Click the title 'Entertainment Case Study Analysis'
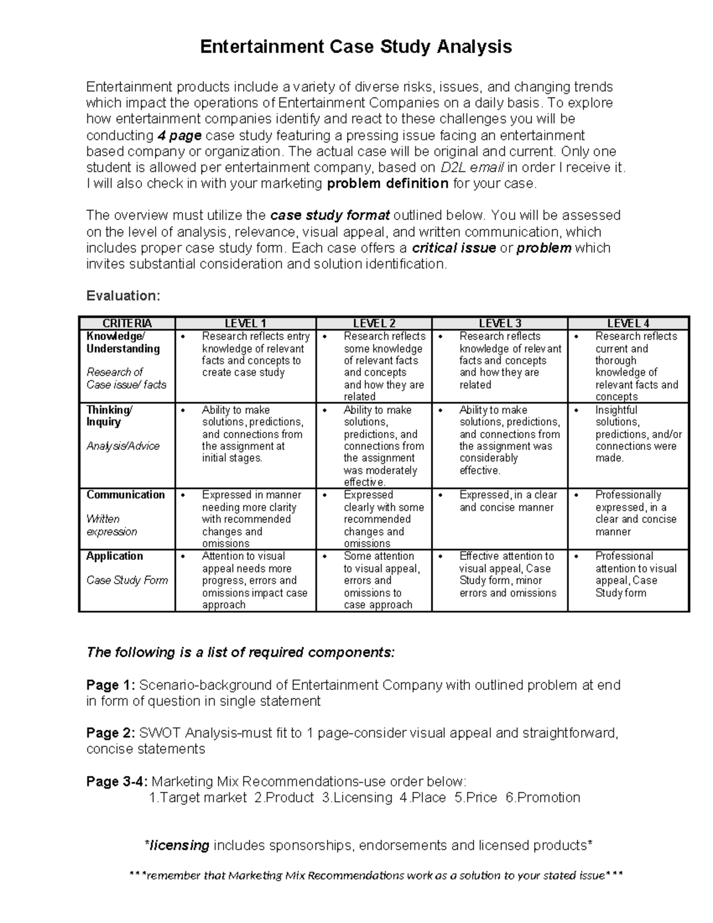(356, 47)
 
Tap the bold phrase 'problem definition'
(387, 184)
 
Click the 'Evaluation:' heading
(123, 296)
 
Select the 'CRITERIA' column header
(127, 323)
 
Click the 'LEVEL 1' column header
(245, 323)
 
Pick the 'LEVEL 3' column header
(500, 323)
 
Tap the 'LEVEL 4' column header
(629, 323)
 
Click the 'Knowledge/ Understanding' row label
(123, 342)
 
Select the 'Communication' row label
(125, 495)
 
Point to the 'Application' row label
(115, 556)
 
